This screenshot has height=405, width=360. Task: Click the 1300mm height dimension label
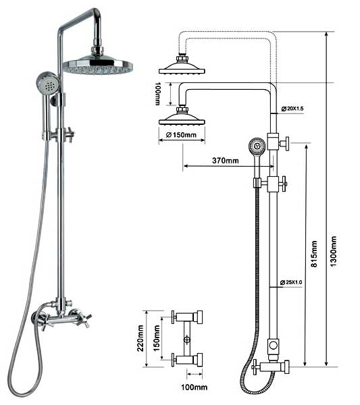pyautogui.click(x=334, y=252)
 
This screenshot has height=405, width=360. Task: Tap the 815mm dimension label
pyautogui.click(x=314, y=254)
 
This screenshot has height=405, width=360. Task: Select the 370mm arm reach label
pyautogui.click(x=226, y=161)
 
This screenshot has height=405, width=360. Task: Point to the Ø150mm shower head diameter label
pyautogui.click(x=181, y=135)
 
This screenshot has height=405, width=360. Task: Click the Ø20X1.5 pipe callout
pyautogui.click(x=292, y=109)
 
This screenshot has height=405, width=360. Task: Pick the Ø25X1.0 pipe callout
pyautogui.click(x=291, y=282)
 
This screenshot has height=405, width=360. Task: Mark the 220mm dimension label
pyautogui.click(x=140, y=338)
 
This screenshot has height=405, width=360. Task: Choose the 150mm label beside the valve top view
pyautogui.click(x=157, y=338)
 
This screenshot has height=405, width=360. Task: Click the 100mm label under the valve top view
pyautogui.click(x=194, y=387)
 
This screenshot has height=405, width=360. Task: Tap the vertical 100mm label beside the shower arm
pyautogui.click(x=157, y=94)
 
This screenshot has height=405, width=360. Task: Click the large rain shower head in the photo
pyautogui.click(x=98, y=65)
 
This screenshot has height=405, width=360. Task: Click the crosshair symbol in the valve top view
pyautogui.click(x=186, y=340)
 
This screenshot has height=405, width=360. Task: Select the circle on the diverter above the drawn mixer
pyautogui.click(x=273, y=345)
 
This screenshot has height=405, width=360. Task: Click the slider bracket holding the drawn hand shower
pyautogui.click(x=257, y=183)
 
